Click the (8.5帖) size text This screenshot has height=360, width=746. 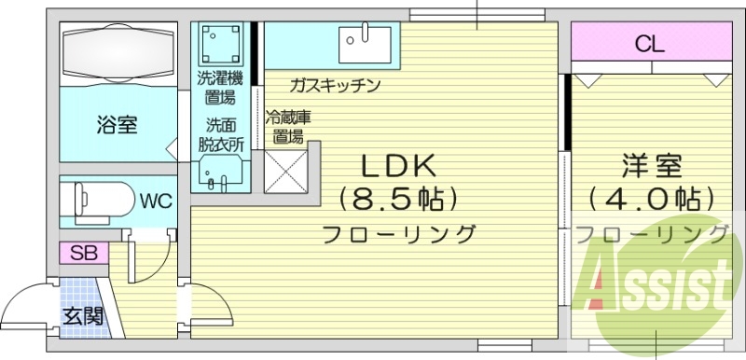(x=398, y=199)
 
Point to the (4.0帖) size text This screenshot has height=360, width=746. (x=652, y=199)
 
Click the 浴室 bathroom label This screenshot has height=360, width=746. (x=117, y=124)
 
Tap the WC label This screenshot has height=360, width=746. (x=155, y=199)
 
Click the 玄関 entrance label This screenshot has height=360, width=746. (x=82, y=315)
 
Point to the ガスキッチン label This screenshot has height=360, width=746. (x=334, y=86)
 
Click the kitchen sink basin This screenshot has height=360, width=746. (x=366, y=37)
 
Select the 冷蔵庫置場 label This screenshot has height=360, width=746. (x=287, y=128)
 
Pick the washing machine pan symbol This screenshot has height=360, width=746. (x=222, y=42)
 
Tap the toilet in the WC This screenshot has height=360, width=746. (x=97, y=199)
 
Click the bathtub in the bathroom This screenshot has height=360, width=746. (x=117, y=54)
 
